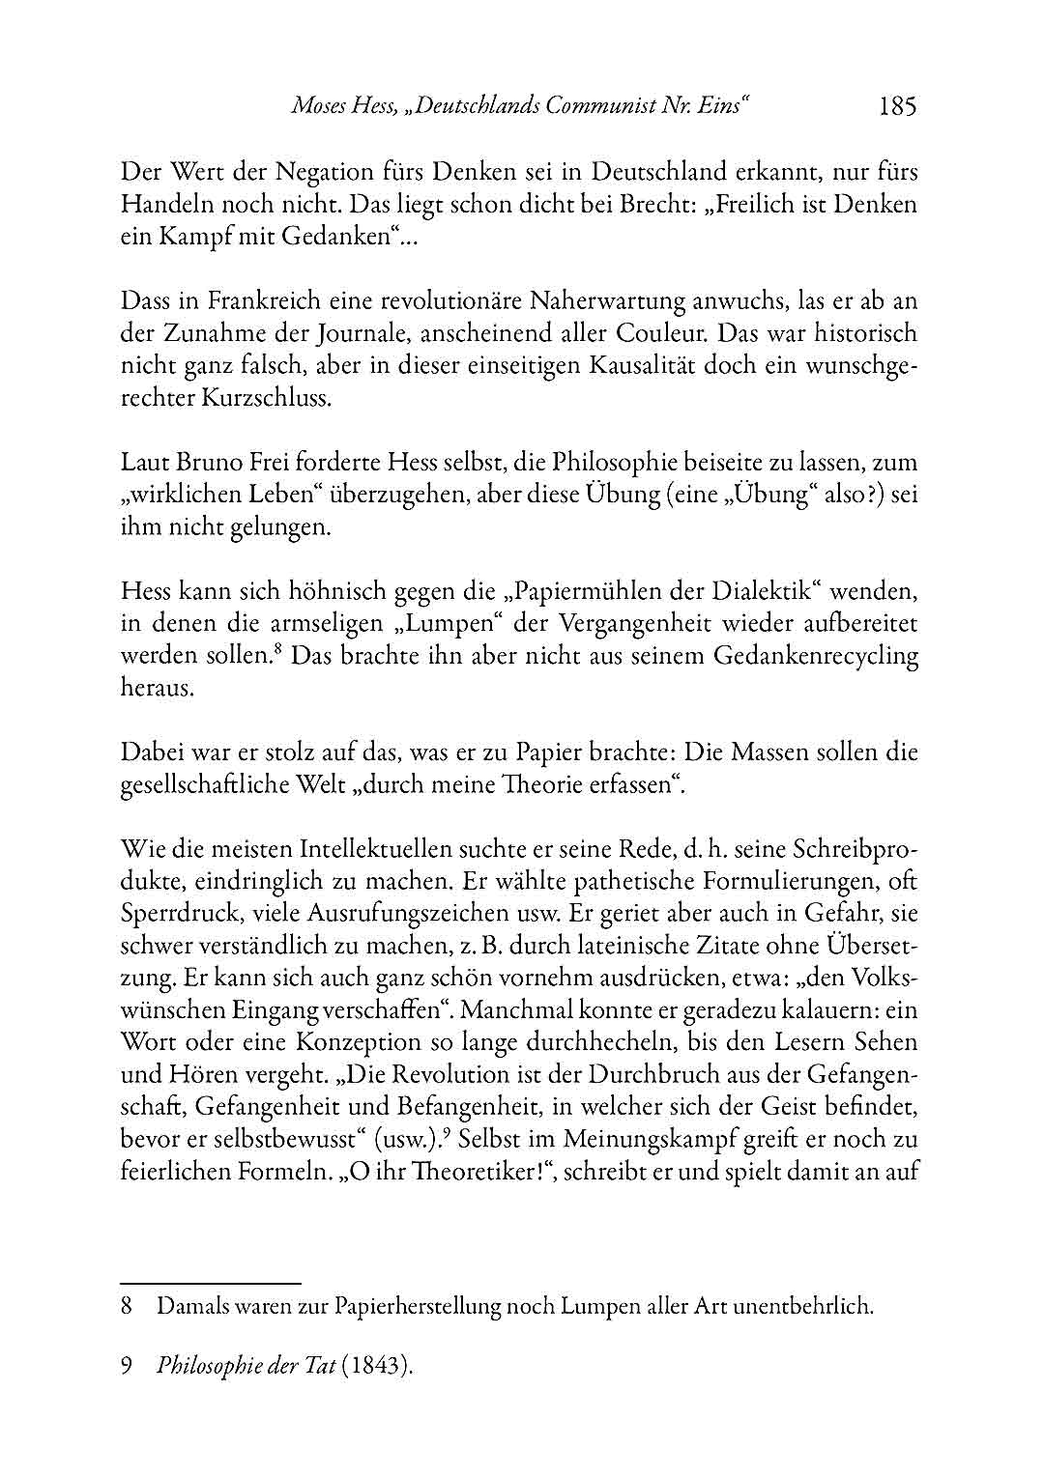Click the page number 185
pyautogui.click(x=896, y=106)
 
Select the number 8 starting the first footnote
pyautogui.click(x=127, y=1309)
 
